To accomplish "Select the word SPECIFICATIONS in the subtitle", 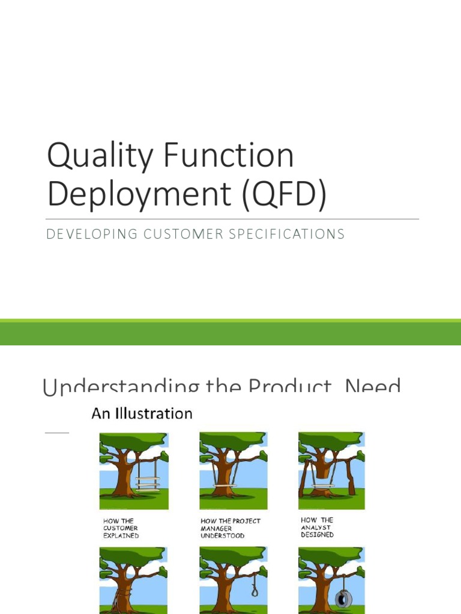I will tap(294, 234).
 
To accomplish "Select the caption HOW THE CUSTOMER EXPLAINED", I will tap(121, 528).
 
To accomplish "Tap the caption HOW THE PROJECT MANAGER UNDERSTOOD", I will tap(230, 528).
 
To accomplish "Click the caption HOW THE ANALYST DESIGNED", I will tap(318, 527).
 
